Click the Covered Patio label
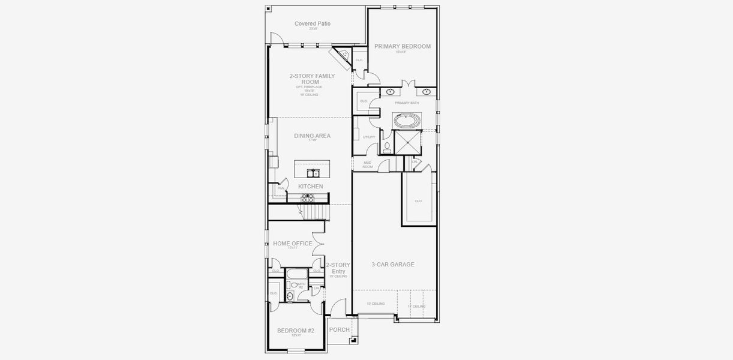point(312,24)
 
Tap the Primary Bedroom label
point(402,46)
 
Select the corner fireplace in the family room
point(343,55)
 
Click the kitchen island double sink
point(313,173)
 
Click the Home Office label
point(292,244)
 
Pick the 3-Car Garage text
point(392,264)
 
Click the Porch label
point(339,329)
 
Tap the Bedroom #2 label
point(295,331)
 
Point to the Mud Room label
point(367,164)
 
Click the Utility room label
point(369,137)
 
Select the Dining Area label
point(312,136)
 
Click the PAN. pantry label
point(281,188)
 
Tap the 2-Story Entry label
point(338,268)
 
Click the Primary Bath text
point(407,103)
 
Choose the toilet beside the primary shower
point(387,146)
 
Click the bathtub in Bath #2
point(297,274)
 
